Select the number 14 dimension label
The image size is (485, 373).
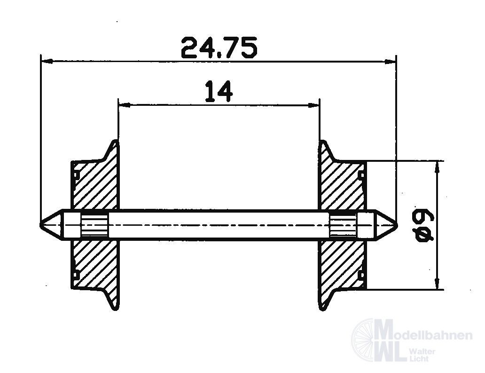point(219,92)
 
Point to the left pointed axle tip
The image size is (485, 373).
point(42,225)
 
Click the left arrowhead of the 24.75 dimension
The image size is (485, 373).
point(46,61)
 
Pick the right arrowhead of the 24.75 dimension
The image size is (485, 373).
point(391,61)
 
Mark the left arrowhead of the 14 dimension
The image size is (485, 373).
point(123,105)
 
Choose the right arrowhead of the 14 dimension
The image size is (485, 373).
point(314,105)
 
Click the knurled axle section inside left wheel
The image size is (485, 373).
point(94,225)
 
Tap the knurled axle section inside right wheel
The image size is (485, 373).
point(343,225)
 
